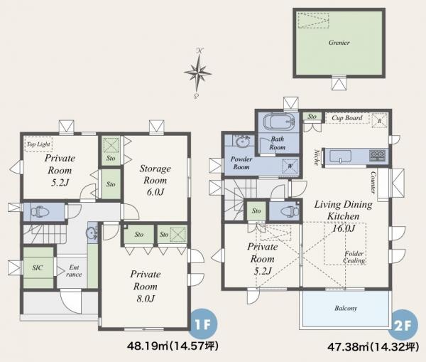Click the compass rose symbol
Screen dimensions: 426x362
(x=198, y=73)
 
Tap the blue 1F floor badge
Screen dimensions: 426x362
(x=203, y=324)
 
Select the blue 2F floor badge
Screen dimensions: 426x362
(x=403, y=325)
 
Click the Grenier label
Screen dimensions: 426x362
(x=339, y=43)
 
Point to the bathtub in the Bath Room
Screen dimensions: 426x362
(x=279, y=122)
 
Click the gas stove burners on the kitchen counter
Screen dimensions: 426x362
(x=378, y=156)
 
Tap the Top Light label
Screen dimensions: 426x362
(x=38, y=144)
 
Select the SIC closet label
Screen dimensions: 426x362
(x=38, y=267)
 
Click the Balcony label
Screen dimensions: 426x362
(x=346, y=309)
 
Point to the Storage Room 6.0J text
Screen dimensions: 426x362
(x=155, y=180)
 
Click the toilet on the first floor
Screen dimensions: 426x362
(x=39, y=211)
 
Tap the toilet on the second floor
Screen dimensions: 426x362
(x=289, y=211)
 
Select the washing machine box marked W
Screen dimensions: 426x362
(x=290, y=166)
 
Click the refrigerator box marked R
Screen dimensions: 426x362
(x=379, y=118)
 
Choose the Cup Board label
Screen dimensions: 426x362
(x=347, y=118)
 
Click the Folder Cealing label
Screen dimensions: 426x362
(x=354, y=257)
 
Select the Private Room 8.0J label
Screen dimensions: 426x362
(x=146, y=287)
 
